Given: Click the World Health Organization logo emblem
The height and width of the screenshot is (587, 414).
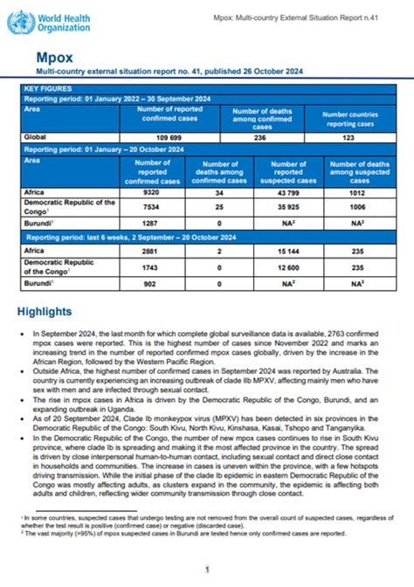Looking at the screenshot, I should [18, 22].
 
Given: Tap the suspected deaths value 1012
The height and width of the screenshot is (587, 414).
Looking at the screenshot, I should [357, 191].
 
